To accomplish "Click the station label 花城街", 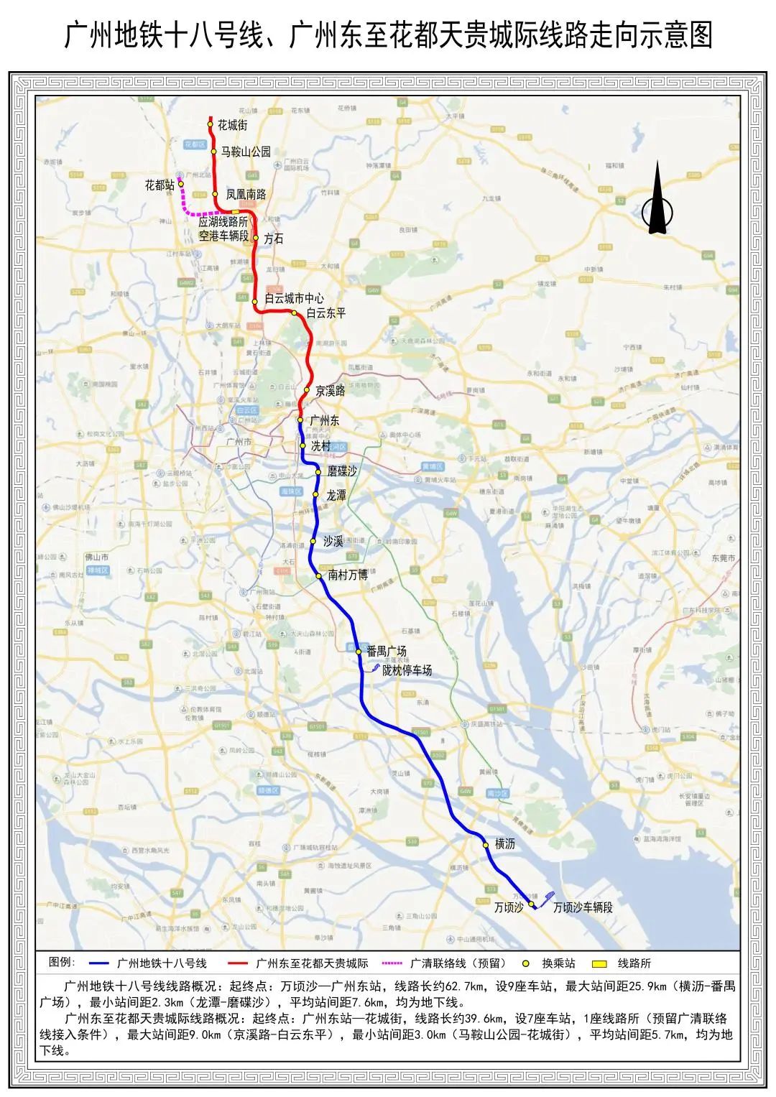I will coord(233,125).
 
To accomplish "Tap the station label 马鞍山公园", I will coord(246,152).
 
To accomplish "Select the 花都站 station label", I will coord(160,185).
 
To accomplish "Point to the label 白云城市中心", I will coord(294,298).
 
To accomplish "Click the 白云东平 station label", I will coord(326,313).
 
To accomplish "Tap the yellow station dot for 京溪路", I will coord(307,390).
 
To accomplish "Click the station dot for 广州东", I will coord(300,420).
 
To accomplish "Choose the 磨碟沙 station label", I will coord(342,471).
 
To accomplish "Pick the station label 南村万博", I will coord(348,575).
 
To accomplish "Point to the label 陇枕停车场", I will coord(407,670).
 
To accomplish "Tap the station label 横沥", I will coord(505,845).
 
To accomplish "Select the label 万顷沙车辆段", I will coord(583,907).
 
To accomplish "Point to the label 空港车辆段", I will coord(223,236).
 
